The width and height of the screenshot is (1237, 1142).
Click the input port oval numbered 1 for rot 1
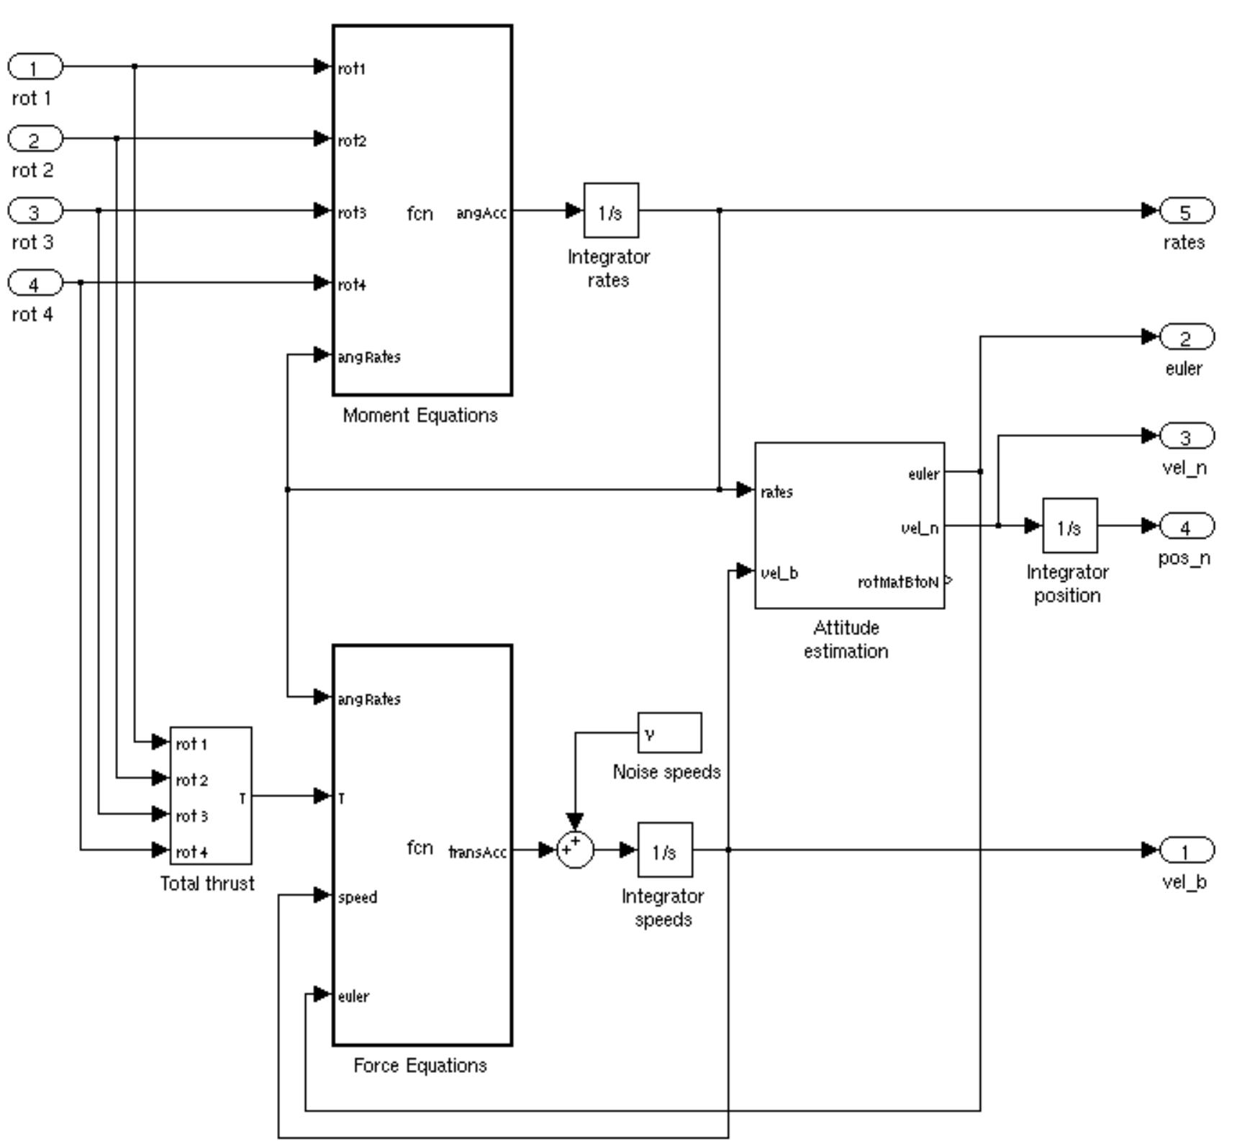(35, 67)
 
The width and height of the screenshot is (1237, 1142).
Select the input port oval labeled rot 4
(35, 283)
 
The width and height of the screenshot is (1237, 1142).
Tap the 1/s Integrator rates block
(610, 211)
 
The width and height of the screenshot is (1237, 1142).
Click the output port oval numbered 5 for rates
(1187, 211)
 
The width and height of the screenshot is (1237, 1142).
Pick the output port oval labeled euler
(1187, 337)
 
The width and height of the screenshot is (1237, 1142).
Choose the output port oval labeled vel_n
(1187, 436)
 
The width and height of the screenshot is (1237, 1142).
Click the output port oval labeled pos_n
(1187, 526)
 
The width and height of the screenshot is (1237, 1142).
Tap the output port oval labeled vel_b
(1187, 850)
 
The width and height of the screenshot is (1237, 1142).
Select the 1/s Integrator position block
(1069, 526)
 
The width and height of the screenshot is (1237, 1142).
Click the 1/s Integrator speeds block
(664, 850)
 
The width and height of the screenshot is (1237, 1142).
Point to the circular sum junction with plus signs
(575, 850)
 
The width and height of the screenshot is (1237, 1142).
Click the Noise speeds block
(669, 733)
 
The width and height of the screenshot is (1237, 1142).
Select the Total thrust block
(210, 796)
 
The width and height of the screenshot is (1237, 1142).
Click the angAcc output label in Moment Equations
(481, 214)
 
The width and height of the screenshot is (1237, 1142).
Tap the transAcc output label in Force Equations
(478, 853)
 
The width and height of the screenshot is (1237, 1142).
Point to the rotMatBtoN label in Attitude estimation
(898, 582)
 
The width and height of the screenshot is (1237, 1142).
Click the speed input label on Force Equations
(358, 897)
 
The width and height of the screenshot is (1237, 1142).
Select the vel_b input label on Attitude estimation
(779, 573)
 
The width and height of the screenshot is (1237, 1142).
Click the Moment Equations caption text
(420, 415)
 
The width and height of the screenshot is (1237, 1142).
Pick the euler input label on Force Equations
(353, 997)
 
